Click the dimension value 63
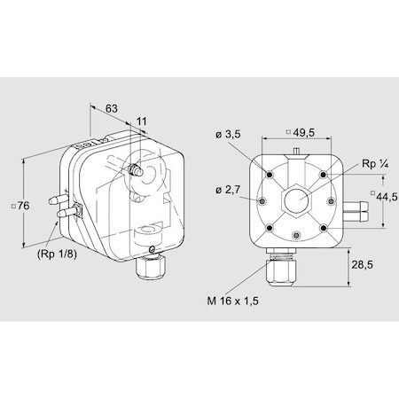pos(112,109)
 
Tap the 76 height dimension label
pos(24,207)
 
